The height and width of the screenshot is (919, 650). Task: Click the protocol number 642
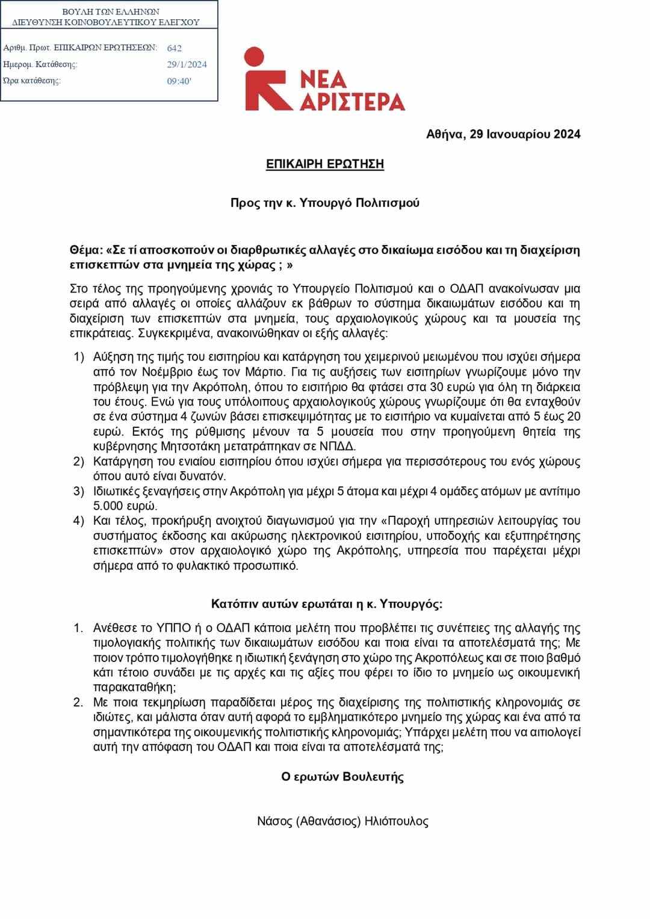pyautogui.click(x=175, y=48)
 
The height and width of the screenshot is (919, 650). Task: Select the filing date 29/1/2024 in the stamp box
pyautogui.click(x=187, y=64)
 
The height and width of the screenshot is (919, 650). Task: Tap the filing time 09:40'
pyautogui.click(x=179, y=81)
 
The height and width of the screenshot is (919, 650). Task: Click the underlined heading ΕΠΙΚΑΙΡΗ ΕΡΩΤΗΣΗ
pyautogui.click(x=325, y=164)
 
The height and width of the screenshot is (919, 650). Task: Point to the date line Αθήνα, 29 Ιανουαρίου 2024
pyautogui.click(x=503, y=134)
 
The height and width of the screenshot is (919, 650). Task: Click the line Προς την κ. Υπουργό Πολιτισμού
pyautogui.click(x=325, y=203)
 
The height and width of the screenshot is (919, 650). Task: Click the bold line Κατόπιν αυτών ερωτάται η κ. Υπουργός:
pyautogui.click(x=327, y=604)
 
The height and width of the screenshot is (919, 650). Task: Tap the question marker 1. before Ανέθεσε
pyautogui.click(x=78, y=628)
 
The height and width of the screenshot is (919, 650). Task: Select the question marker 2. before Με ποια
pyautogui.click(x=78, y=702)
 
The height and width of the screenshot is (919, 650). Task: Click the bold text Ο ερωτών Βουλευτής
pyautogui.click(x=342, y=776)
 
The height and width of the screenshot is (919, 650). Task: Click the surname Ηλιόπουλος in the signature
pyautogui.click(x=396, y=821)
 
